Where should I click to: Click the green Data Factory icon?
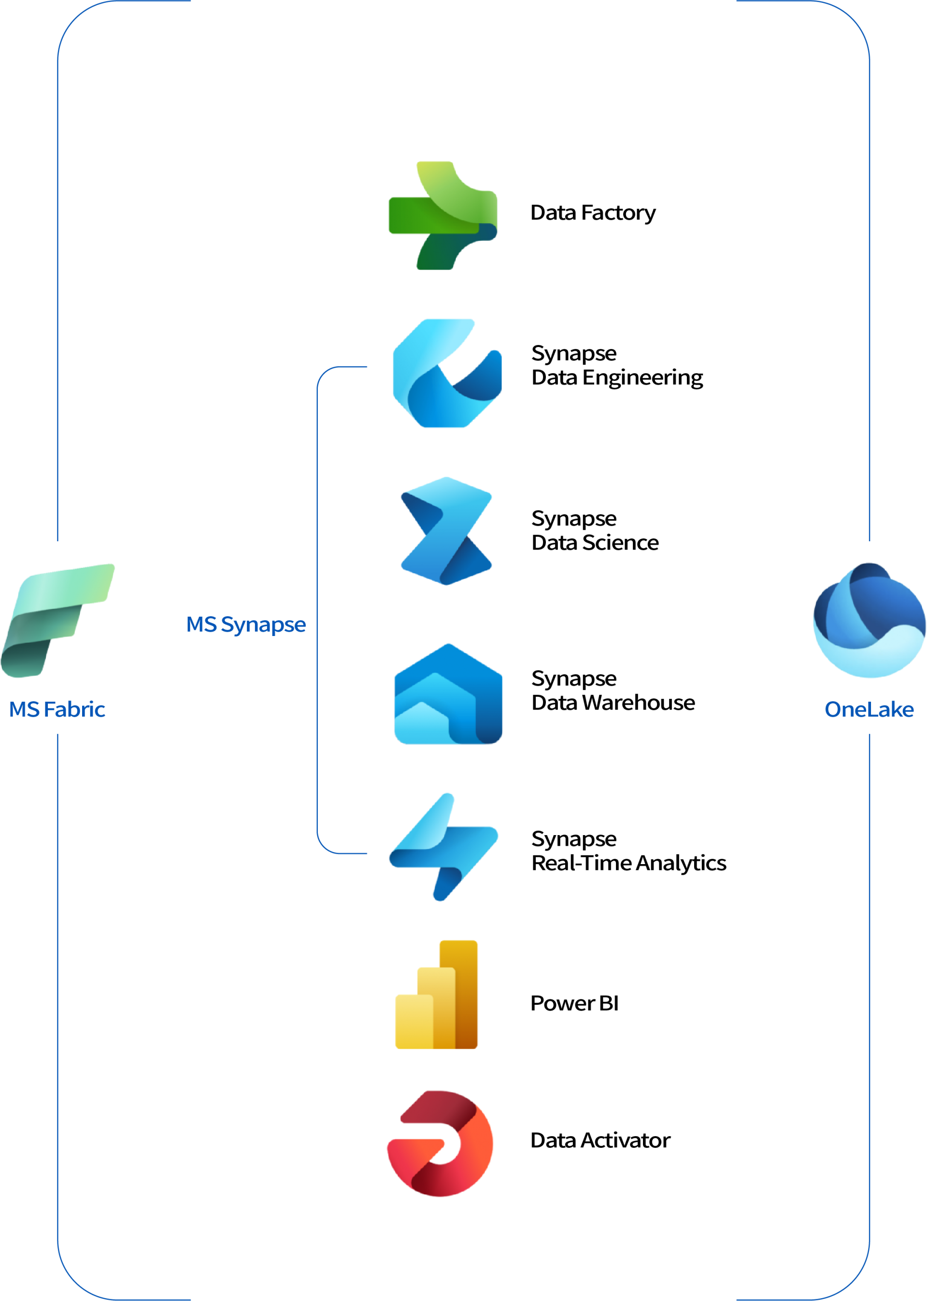coord(443,216)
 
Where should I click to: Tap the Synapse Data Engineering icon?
coord(447,373)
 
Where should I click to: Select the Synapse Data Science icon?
coord(446,531)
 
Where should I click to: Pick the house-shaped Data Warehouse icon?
coord(448,694)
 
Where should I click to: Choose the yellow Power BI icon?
coord(436,994)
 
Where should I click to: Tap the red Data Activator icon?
coord(440,1143)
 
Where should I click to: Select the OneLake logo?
coord(870,620)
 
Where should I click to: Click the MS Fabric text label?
coord(57,709)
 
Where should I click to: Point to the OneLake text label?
coord(870,709)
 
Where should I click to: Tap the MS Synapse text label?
coord(246,625)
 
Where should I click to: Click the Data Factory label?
coord(593,213)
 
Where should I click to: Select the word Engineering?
coord(643,378)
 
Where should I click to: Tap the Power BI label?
coord(575,1003)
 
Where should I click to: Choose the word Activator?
coord(626,1140)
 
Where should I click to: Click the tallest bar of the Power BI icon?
coord(458,994)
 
